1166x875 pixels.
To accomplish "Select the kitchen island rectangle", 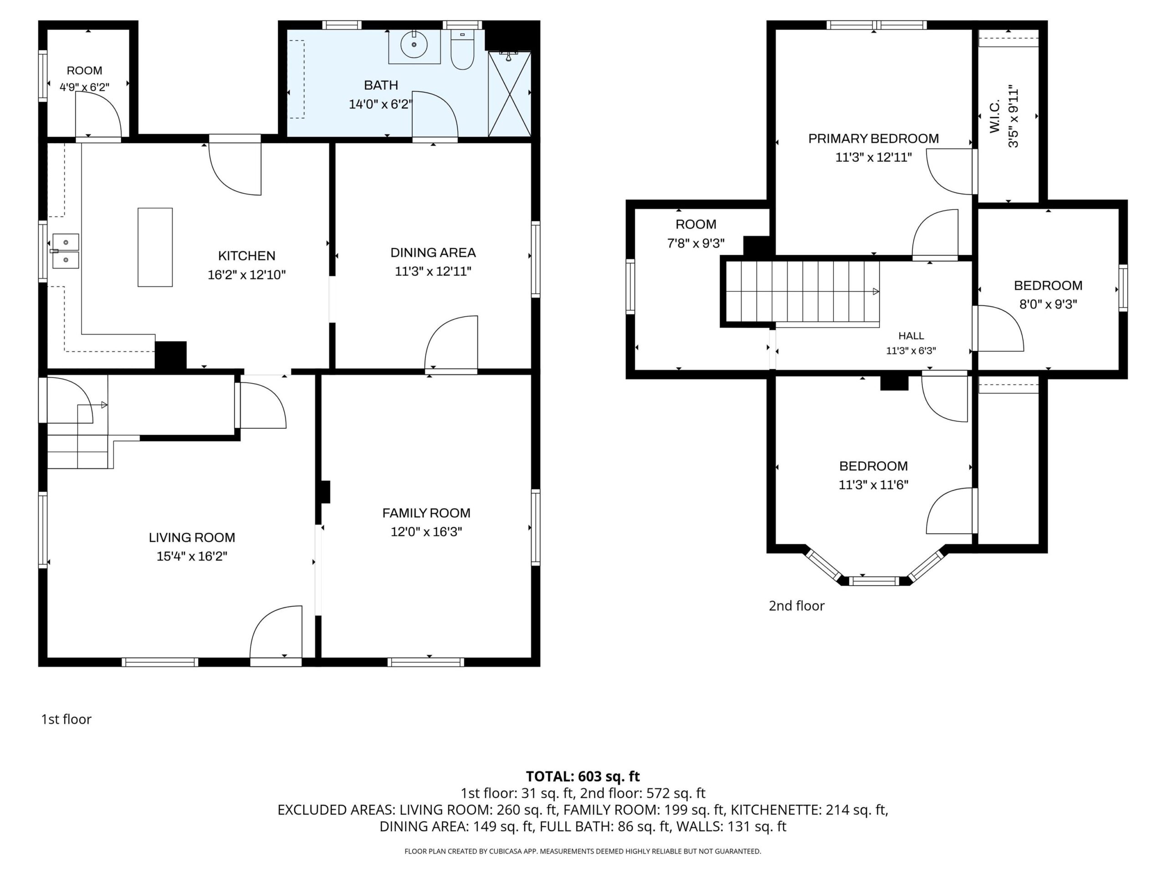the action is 155,247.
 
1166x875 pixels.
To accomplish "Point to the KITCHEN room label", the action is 247,256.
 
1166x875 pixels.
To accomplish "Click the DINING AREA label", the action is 433,252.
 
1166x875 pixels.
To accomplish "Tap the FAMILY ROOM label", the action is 426,513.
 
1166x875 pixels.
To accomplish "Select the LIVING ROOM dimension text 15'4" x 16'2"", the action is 192,556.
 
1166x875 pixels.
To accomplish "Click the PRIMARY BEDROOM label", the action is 874,139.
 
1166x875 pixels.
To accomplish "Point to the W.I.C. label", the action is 994,117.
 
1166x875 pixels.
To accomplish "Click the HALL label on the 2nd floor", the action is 911,335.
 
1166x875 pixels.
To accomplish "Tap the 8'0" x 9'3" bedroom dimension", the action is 1048,304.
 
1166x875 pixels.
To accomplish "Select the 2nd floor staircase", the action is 801,292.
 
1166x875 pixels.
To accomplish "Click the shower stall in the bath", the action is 509,94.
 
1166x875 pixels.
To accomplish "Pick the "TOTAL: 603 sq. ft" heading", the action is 583,777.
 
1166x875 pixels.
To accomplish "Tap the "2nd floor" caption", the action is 797,606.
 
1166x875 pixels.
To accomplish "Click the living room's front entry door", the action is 276,633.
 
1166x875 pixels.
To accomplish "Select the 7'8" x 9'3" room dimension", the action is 696,243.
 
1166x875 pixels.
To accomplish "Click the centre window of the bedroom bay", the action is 874,581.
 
